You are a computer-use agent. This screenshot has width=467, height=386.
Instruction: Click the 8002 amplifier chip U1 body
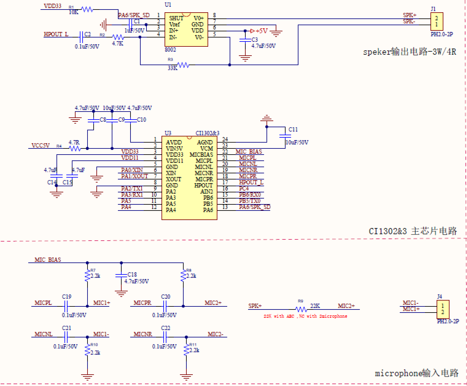186,30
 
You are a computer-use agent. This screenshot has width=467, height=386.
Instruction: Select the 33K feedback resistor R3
183,65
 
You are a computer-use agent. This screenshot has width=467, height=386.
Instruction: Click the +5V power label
261,31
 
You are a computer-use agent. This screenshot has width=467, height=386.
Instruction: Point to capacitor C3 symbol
245,40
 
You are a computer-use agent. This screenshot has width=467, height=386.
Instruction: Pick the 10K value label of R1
73,13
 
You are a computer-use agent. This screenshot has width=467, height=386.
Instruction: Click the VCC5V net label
41,145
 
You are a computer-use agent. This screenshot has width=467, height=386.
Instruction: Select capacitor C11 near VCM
285,136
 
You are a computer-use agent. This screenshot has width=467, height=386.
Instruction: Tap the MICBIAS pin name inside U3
201,155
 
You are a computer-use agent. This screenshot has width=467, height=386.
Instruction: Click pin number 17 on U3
225,182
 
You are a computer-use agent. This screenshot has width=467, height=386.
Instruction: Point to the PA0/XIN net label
132,170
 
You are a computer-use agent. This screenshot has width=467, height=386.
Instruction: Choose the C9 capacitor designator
122,120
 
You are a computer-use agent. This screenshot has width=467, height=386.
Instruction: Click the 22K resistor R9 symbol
301,309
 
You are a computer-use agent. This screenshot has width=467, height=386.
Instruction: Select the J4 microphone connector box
442,309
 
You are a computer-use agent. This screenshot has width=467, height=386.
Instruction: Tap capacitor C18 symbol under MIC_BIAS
121,275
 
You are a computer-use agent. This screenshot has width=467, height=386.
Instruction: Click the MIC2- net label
216,334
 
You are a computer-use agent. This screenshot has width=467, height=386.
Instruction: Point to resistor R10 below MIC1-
88,349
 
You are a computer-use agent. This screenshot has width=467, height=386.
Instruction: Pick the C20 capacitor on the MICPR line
165,306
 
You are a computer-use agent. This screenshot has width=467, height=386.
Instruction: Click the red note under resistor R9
305,316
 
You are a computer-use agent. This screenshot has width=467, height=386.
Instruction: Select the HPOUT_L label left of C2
56,34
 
